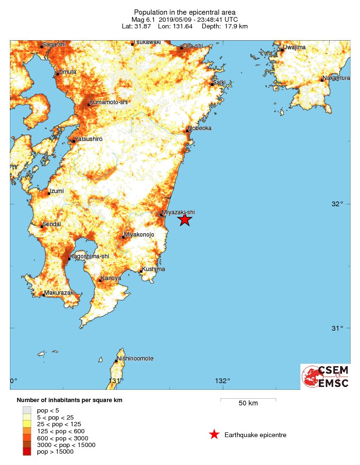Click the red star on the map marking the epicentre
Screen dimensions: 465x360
184,219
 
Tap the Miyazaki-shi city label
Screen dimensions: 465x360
178,212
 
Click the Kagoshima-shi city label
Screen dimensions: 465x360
89,256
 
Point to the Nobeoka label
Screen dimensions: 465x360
200,128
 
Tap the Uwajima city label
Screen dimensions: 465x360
294,47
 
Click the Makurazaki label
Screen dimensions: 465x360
60,293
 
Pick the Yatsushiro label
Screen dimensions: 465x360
88,139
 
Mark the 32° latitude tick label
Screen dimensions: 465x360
337,204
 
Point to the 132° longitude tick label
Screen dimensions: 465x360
222,381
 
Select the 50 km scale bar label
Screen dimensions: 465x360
248,404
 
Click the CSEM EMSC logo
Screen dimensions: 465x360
325,377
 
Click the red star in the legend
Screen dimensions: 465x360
214,435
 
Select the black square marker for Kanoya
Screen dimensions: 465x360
100,281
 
